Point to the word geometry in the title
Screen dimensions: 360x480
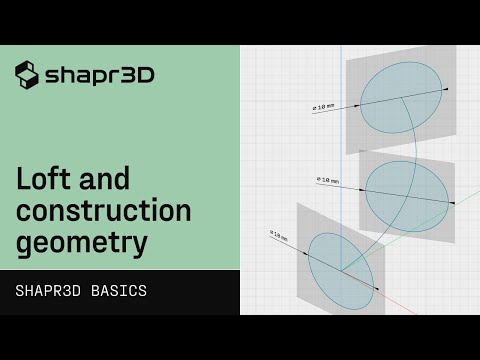click(82, 242)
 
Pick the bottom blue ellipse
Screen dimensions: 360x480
click(340, 264)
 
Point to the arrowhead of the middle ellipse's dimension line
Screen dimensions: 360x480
click(452, 203)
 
